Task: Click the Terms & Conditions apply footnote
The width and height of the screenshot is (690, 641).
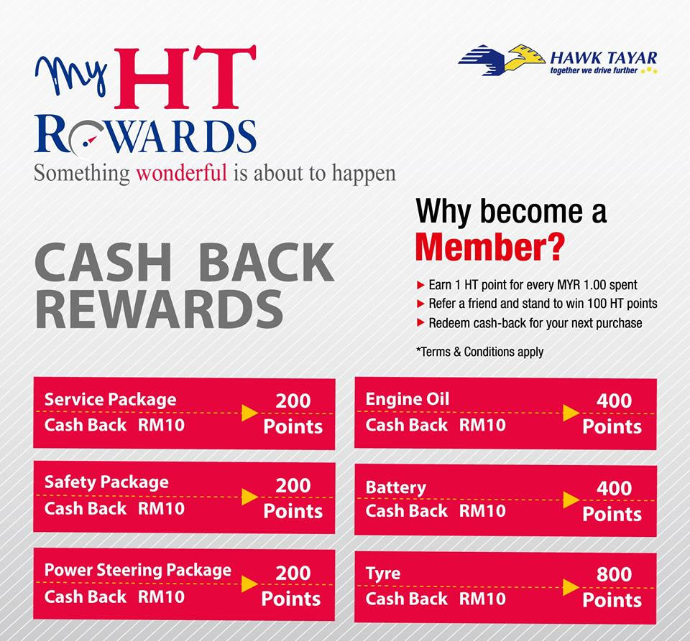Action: click(x=479, y=352)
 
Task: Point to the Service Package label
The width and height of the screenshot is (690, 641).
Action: click(x=110, y=399)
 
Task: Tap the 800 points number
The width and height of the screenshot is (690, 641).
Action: click(x=614, y=574)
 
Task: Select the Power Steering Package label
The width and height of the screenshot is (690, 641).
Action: click(x=138, y=570)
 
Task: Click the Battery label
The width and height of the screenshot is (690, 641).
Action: click(x=395, y=487)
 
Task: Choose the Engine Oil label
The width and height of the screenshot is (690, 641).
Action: click(x=407, y=398)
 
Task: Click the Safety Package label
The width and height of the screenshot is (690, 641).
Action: click(x=106, y=482)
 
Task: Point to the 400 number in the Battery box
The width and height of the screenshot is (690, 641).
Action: click(x=614, y=488)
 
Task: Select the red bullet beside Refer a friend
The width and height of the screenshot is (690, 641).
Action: click(x=420, y=304)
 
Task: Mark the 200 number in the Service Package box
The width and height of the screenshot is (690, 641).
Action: click(x=293, y=401)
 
